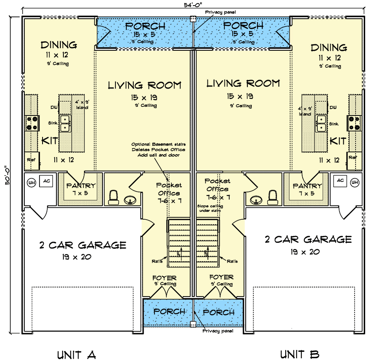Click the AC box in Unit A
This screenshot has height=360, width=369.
point(46,181)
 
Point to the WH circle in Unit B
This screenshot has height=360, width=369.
point(354,182)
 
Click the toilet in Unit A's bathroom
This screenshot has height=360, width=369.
point(113,198)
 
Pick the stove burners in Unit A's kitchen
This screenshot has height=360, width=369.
point(32,123)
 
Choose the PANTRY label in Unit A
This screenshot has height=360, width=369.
point(80,186)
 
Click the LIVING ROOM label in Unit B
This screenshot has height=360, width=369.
point(243,83)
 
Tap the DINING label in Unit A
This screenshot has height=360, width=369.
point(59,45)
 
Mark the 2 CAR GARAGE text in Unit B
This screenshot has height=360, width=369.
point(308,239)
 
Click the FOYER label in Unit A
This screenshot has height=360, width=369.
point(164,277)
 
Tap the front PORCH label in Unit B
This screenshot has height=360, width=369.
point(219,312)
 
